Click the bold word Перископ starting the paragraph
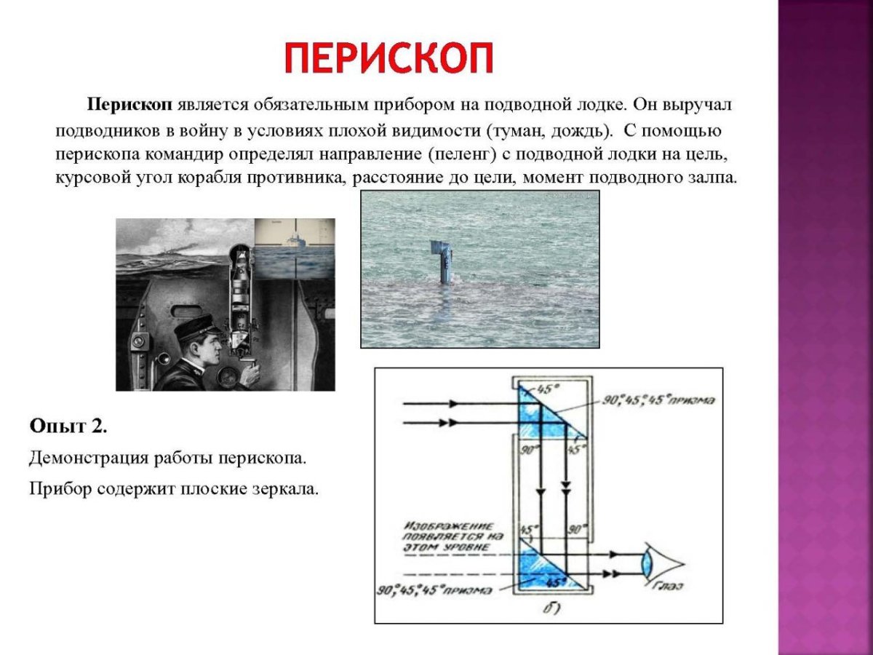click(x=130, y=104)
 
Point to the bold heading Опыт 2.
click(x=68, y=426)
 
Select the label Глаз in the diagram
click(x=667, y=585)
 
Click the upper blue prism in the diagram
click(x=542, y=415)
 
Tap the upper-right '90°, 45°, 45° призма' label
click(x=658, y=400)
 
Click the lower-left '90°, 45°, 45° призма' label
click(x=434, y=590)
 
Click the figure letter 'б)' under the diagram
click(x=551, y=606)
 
